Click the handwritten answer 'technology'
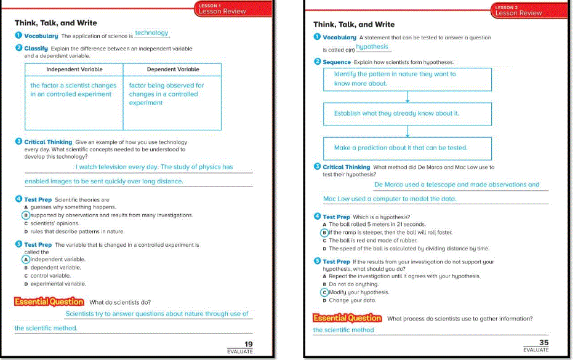click(x=151, y=33)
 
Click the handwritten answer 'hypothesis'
click(x=372, y=47)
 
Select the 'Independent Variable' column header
click(x=74, y=70)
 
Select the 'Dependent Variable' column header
click(x=173, y=70)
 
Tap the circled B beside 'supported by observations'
click(x=26, y=215)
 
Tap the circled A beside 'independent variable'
click(x=26, y=260)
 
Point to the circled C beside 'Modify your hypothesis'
click(x=325, y=293)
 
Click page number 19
click(x=249, y=343)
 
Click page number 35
click(x=544, y=343)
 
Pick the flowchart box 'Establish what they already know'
click(x=407, y=114)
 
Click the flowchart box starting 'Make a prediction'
click(x=407, y=148)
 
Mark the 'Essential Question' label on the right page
click(x=347, y=318)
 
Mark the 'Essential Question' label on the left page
click(x=49, y=302)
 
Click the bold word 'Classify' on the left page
click(x=36, y=48)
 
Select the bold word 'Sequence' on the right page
click(x=337, y=62)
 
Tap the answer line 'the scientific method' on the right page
click(x=343, y=330)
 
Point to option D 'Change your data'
click(x=352, y=301)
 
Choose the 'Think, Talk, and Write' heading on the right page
click(x=354, y=25)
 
